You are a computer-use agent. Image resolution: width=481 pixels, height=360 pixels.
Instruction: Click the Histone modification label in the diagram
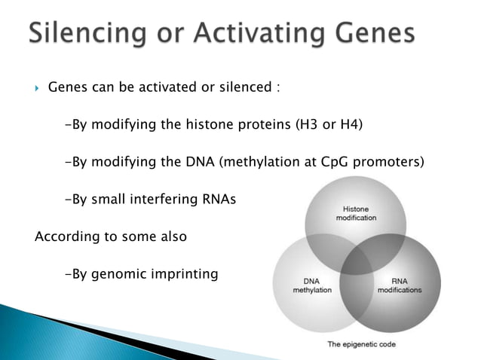354,212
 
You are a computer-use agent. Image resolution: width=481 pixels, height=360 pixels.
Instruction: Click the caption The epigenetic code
360,345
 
